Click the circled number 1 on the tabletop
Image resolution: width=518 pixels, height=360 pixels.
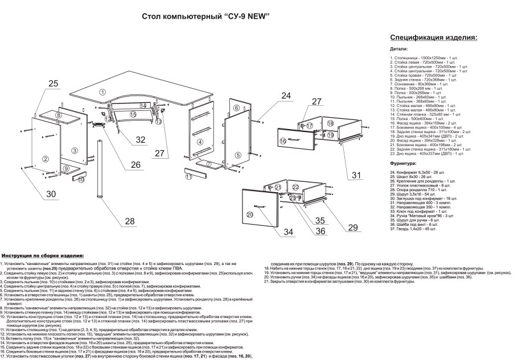point(102,92)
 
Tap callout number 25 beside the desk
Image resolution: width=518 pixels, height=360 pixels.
point(54,84)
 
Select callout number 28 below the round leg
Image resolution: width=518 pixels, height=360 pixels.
point(130,221)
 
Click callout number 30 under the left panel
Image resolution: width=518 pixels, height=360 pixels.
point(52,195)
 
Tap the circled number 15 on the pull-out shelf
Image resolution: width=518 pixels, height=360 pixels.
point(132,114)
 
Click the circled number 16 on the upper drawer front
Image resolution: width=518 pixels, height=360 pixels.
point(282,140)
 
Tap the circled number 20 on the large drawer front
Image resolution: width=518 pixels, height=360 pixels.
point(249,214)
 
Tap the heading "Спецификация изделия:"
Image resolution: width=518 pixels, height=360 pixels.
point(433,38)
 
